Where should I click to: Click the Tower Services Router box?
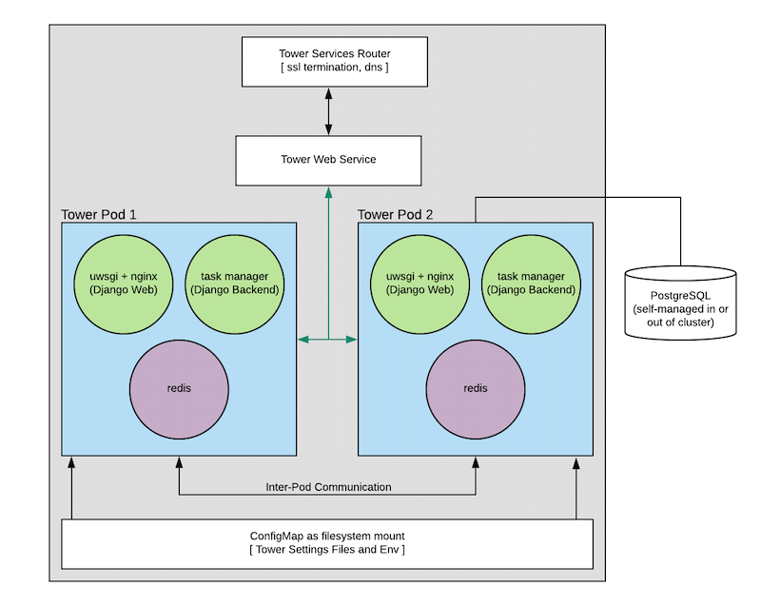(335, 62)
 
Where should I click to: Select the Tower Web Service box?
(328, 161)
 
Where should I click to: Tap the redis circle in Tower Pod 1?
(179, 389)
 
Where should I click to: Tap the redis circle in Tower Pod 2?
(476, 389)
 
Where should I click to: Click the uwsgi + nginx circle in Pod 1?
(124, 283)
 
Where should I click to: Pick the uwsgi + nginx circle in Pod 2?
(420, 283)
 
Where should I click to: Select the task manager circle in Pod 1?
(235, 283)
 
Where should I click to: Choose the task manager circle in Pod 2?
(532, 283)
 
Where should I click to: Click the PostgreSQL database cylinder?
(680, 303)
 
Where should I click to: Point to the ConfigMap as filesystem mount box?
(327, 543)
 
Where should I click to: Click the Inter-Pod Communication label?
(328, 487)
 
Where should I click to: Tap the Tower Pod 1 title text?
(99, 214)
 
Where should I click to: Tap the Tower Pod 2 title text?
(395, 214)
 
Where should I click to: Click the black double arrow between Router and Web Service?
(328, 111)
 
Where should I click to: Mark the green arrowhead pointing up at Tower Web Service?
(328, 192)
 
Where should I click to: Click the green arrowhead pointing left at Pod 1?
(302, 339)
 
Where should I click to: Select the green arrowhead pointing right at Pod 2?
(352, 339)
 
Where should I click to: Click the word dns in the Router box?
(373, 67)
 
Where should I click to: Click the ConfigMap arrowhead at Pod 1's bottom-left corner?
(72, 462)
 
